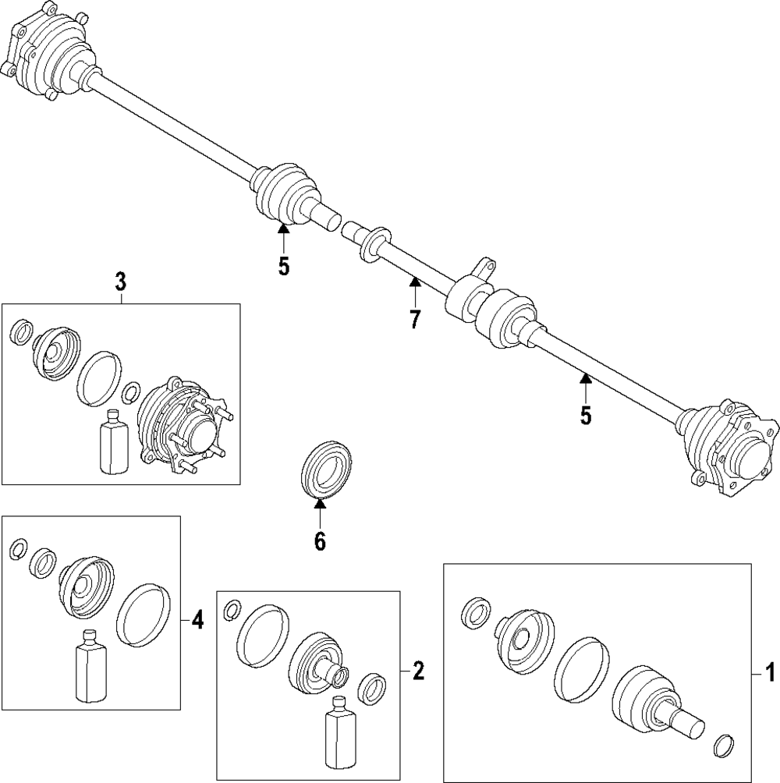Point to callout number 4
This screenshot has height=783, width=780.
[197, 621]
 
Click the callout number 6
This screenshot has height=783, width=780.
[319, 540]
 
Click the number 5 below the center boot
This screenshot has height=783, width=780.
[283, 266]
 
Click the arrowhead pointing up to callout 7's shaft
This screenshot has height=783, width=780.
[415, 282]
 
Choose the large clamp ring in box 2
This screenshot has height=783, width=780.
[263, 636]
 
